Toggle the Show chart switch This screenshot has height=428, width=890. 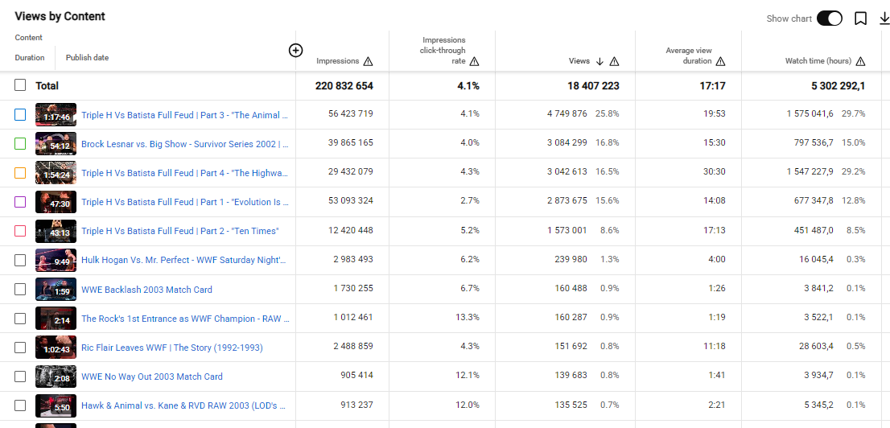coord(830,19)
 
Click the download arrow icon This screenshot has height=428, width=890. coord(884,19)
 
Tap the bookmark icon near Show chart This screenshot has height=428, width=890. coord(860,19)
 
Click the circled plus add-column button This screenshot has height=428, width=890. coord(295,51)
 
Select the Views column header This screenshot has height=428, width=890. coord(578,61)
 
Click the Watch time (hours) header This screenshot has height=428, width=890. coord(818,61)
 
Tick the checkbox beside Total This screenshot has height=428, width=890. coord(20,85)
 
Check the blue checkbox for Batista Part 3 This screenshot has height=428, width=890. coord(20,115)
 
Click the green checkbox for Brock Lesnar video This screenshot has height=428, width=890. coord(20,144)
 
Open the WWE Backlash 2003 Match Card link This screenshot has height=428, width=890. coord(146,290)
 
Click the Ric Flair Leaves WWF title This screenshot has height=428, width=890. coord(172,348)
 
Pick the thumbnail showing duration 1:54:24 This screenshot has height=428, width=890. coord(56,172)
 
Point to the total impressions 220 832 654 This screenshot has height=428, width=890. coord(344,86)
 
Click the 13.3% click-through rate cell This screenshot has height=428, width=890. coord(468,318)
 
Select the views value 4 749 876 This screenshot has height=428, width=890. coord(567,114)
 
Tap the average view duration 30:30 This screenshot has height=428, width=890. coord(714,172)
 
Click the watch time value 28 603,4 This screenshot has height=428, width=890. coord(813,347)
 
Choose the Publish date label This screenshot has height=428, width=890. coord(88,57)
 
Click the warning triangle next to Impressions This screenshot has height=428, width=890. coord(368,61)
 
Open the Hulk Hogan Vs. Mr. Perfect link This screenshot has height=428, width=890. coord(184,259)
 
